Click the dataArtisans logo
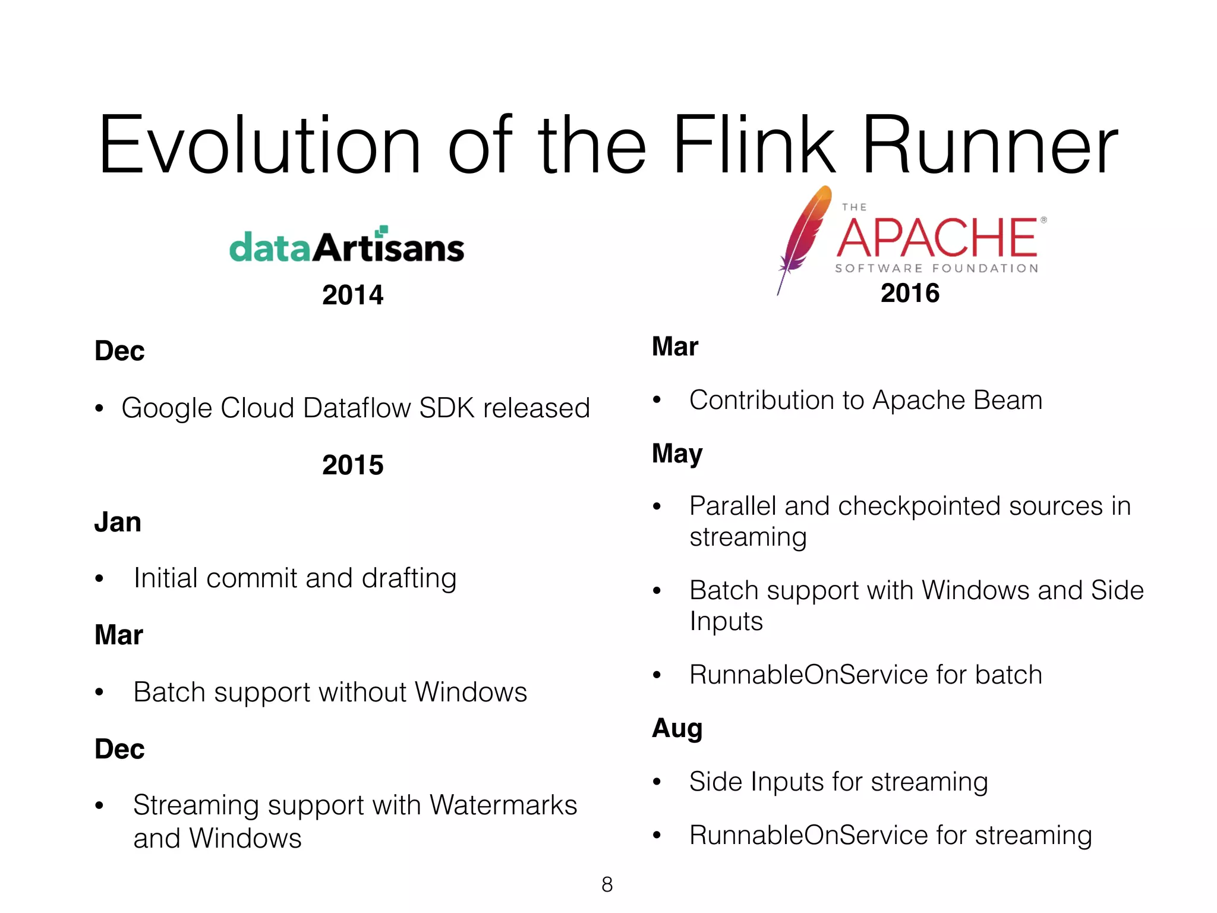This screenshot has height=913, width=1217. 346,246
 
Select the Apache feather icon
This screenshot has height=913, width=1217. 803,238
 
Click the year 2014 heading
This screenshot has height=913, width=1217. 352,295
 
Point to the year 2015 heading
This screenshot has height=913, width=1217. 352,465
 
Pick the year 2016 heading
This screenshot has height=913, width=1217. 910,293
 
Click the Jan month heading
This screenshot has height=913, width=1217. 118,522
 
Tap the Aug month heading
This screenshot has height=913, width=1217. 677,728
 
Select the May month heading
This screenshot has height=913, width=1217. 677,454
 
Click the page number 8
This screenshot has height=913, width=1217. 607,884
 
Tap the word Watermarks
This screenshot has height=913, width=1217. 503,805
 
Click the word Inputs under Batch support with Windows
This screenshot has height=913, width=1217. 726,621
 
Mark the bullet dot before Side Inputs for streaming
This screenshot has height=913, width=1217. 657,782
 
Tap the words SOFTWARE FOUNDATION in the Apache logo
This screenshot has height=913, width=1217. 937,269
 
